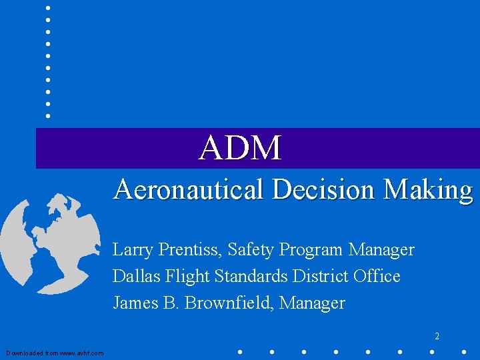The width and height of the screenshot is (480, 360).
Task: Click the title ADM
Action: [241, 147]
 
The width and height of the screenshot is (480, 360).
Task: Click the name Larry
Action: [131, 250]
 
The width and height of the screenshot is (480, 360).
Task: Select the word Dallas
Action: [133, 276]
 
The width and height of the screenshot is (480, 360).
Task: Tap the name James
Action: [135, 303]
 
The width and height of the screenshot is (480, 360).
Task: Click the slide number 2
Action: [437, 337]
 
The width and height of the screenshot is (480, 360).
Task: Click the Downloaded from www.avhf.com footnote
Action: [55, 353]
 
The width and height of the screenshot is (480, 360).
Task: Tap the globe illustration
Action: [40, 233]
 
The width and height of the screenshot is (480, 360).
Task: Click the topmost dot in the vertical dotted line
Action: [48, 7]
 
